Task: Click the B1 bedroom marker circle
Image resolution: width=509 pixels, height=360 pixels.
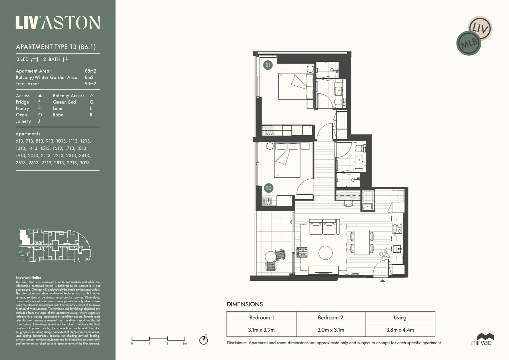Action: coord(268,65)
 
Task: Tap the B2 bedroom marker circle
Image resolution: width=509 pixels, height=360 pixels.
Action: coord(268,188)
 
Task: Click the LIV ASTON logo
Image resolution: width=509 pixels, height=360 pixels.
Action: coord(58,23)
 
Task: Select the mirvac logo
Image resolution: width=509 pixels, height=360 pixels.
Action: coord(481,339)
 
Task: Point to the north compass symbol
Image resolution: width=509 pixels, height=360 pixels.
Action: coord(204,340)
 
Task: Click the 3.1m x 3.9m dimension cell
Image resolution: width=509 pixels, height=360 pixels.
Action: coord(261,330)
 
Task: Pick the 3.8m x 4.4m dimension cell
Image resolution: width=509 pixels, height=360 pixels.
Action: coord(400,330)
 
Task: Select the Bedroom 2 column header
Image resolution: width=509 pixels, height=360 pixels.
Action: coord(330,318)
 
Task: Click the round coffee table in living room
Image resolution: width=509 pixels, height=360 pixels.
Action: coord(325,253)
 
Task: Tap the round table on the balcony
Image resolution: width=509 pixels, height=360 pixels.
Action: coord(270,257)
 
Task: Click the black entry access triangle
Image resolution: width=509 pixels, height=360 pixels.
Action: coord(382,281)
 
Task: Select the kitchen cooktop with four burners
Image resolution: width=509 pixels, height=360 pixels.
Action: coord(397,228)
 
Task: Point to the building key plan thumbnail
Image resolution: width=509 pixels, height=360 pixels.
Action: coord(55,246)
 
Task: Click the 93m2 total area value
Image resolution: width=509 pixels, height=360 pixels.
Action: coord(90,84)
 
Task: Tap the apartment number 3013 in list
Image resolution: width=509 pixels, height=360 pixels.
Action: coord(85,163)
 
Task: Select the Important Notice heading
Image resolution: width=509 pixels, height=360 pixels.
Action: coord(28,277)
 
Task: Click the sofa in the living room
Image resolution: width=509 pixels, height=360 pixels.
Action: coord(324,227)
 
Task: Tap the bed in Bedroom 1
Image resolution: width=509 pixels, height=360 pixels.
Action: coord(295,86)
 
